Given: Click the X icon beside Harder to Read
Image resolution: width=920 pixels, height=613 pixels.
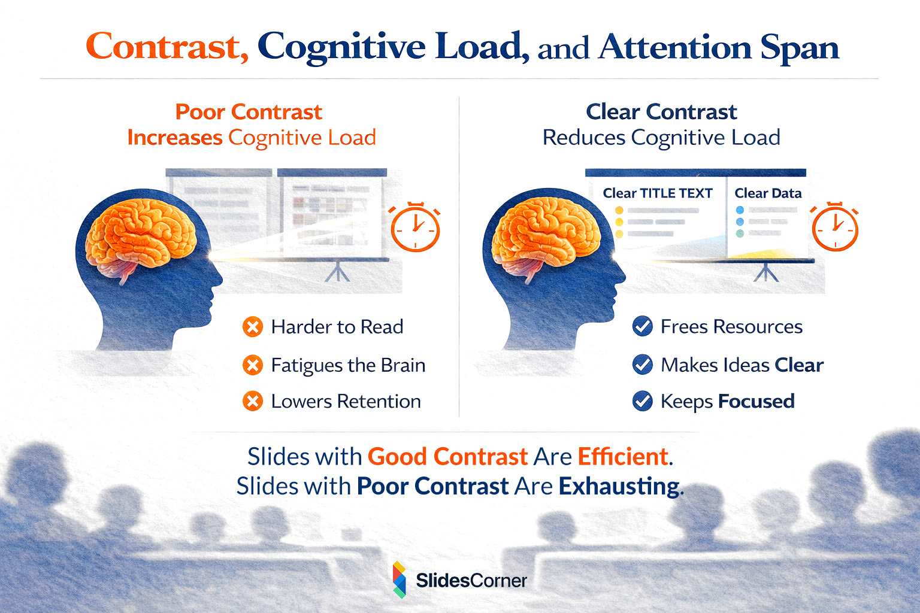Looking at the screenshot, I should pos(253,327).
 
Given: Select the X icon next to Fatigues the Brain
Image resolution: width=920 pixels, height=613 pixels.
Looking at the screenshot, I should pos(253,365).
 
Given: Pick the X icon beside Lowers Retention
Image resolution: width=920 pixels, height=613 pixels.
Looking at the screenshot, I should pos(253,401).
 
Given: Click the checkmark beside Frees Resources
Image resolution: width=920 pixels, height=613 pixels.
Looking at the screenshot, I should pos(643,327).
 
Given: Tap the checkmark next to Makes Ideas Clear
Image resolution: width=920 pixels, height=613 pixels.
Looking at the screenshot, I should pos(643,365).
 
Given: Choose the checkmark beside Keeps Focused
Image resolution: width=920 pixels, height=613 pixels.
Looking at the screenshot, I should pos(643,401).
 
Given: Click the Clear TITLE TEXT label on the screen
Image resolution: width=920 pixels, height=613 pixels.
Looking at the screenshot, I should pos(658,193).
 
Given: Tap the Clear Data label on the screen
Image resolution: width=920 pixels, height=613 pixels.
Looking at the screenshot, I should pos(768,193).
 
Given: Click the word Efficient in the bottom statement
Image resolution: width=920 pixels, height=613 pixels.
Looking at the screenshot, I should pos(623,457).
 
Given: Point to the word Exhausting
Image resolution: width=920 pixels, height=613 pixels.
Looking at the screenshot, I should pos(619,486).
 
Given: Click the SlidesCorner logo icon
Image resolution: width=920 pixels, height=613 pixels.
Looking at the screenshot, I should pos(399,579).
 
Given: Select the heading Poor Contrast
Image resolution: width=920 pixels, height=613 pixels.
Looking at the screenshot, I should pos(249,112).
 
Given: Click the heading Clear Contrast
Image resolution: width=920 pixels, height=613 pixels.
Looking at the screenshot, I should pos(661,112).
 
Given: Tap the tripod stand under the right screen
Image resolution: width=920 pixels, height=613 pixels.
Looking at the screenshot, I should pos(766,273).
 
